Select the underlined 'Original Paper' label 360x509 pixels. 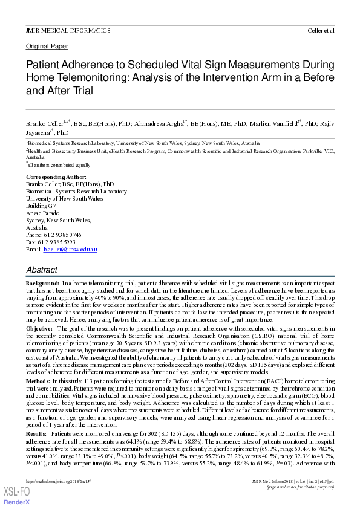[x=47, y=46]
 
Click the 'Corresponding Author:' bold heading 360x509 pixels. [x=58, y=177]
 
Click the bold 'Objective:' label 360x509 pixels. [x=39, y=328]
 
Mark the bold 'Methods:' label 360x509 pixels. [x=38, y=381]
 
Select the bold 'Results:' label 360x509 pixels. [x=37, y=434]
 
